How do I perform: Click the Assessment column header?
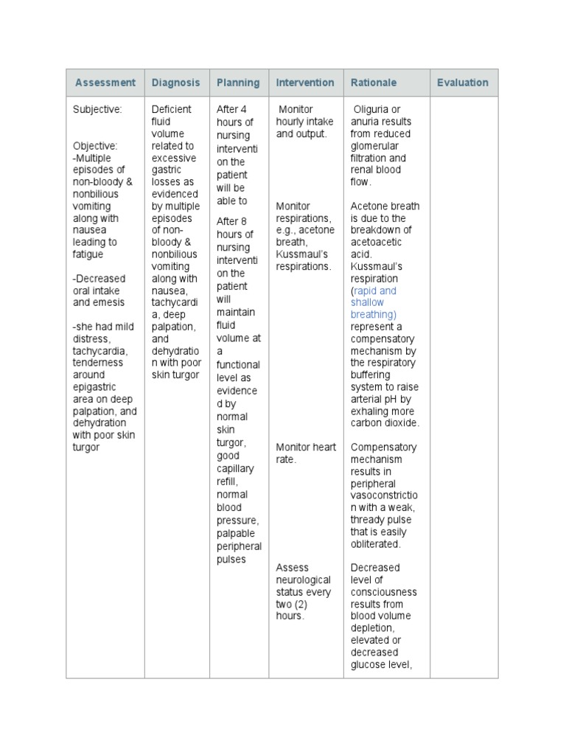point(105,83)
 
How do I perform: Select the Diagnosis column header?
point(175,83)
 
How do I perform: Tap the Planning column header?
point(237,83)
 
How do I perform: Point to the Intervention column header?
point(304,83)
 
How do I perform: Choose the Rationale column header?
point(374,83)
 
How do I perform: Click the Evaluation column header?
point(462,83)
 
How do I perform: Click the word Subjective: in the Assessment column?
point(97,109)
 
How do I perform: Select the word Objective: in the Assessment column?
point(94,146)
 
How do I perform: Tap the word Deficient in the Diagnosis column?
point(171,109)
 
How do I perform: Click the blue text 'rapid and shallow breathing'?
point(374,302)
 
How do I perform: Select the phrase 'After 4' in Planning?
point(234,109)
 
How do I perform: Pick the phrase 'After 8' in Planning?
point(234,221)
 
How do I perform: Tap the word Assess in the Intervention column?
point(292,568)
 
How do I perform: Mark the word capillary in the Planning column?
point(235,468)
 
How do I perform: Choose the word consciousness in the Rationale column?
point(383,592)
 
